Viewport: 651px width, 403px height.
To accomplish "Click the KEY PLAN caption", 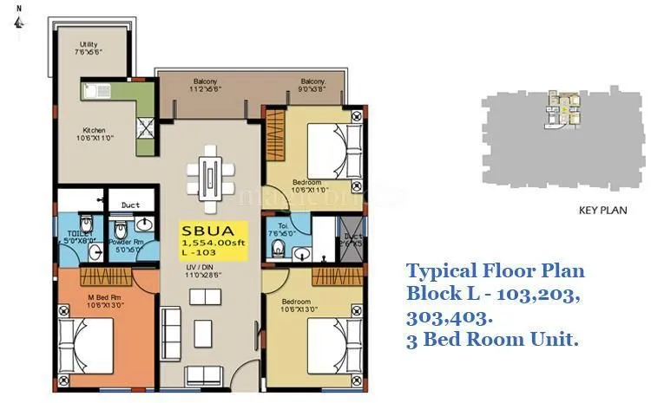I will click(x=603, y=211).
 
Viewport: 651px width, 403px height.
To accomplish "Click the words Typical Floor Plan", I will click(x=496, y=270).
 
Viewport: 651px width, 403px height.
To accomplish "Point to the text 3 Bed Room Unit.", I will click(x=492, y=340).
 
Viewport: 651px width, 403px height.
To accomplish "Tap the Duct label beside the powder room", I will click(x=131, y=205).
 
